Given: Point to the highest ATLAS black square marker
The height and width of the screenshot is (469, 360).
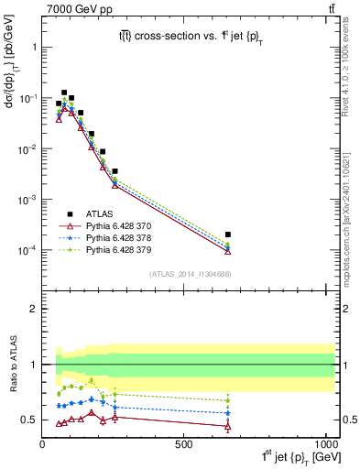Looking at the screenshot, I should click(64, 93).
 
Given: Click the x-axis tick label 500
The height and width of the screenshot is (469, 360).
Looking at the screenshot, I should click(184, 445).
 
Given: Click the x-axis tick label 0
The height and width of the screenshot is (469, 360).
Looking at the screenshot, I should click(43, 445).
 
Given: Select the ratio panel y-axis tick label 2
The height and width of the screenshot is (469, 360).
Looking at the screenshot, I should click(33, 309).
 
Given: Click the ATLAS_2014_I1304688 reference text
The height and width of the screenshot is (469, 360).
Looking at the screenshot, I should click(191, 273).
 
